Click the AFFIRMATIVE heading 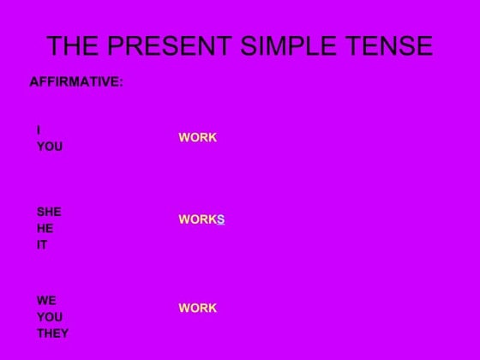[x=76, y=83]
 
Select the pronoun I [x=39, y=130]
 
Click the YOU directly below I [x=50, y=147]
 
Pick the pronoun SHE [x=49, y=212]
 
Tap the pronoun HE [x=45, y=228]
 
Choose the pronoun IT [x=42, y=245]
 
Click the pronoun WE [x=46, y=301]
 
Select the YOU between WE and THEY [x=50, y=317]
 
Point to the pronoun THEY [x=53, y=333]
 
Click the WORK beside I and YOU [x=198, y=138]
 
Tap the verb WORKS [x=201, y=220]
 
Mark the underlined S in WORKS [x=220, y=220]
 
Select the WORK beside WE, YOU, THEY [x=198, y=309]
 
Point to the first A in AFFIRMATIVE [x=34, y=83]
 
